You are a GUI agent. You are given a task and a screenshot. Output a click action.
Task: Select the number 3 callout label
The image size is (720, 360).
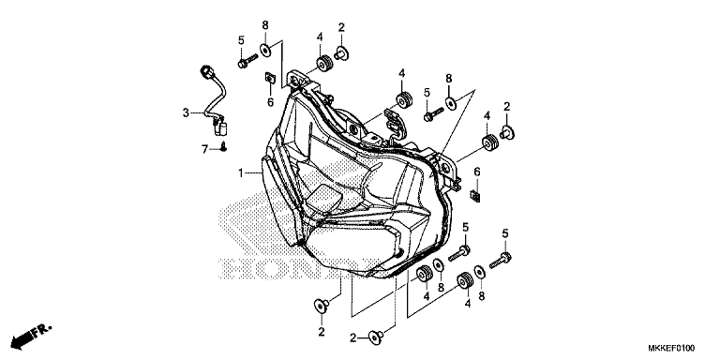[186, 113]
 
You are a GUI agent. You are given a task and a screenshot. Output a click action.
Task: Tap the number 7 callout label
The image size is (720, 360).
[204, 149]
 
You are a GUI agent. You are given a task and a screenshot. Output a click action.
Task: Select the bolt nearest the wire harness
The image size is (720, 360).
[246, 62]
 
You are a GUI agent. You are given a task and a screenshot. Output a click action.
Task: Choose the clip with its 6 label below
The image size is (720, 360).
[268, 77]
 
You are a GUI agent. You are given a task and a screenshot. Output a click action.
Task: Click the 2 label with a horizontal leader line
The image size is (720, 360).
[354, 337]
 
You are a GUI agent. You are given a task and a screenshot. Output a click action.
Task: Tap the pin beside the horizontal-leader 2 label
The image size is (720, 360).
[379, 337]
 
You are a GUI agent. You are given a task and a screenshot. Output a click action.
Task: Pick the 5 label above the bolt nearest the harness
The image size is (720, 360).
[241, 39]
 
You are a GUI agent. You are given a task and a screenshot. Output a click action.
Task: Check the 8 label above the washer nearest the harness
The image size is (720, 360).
[265, 23]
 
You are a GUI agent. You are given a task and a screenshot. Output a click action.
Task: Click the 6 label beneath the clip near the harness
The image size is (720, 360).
[269, 100]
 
